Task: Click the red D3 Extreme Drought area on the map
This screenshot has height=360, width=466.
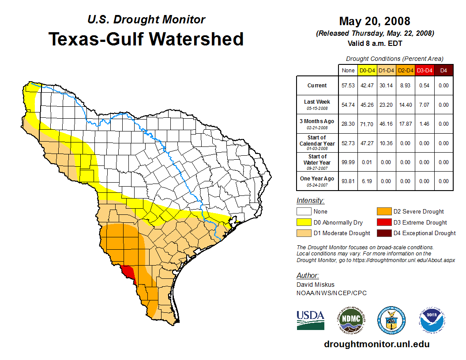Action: pyautogui.click(x=129, y=271)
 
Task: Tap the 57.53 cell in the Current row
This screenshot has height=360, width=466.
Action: pyautogui.click(x=348, y=86)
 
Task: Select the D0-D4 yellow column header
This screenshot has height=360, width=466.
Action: pyautogui.click(x=367, y=70)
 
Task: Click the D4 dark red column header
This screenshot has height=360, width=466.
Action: pyautogui.click(x=443, y=70)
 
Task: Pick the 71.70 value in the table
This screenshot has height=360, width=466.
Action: pyautogui.click(x=367, y=124)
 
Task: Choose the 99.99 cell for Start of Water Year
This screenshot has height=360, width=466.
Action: pyautogui.click(x=348, y=162)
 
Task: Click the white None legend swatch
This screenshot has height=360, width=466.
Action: pyautogui.click(x=304, y=212)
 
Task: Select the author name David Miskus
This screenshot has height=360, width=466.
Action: pyautogui.click(x=315, y=285)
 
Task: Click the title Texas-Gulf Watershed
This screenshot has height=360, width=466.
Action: pyautogui.click(x=146, y=39)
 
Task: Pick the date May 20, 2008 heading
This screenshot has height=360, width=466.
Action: pyautogui.click(x=374, y=21)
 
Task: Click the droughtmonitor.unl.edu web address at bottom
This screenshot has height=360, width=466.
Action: pyautogui.click(x=376, y=344)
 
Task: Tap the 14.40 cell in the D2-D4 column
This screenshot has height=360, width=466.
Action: pyautogui.click(x=405, y=105)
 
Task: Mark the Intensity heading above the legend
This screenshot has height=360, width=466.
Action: pyautogui.click(x=310, y=201)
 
